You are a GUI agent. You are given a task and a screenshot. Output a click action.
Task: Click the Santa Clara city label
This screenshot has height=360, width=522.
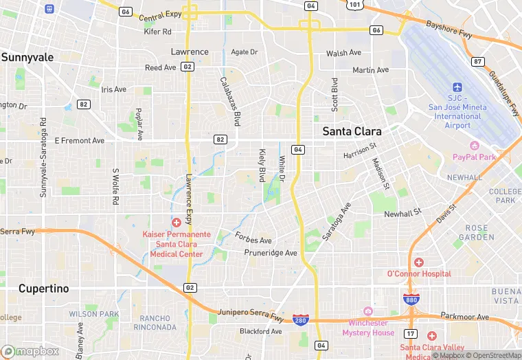coord(352,131)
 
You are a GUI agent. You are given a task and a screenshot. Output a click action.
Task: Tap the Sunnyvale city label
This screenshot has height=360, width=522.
coord(27,58)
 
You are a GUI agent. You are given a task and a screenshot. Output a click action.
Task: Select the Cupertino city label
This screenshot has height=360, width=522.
coord(44,289)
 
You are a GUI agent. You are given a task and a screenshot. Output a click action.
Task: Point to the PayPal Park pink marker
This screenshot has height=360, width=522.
coord(474,146)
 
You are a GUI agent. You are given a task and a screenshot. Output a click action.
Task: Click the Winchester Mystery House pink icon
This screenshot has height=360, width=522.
coord(367,312)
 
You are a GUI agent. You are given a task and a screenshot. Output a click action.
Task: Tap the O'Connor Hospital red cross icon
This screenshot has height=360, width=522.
coord(419,262)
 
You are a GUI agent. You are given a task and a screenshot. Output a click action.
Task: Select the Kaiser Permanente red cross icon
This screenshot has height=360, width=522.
coord(177,222)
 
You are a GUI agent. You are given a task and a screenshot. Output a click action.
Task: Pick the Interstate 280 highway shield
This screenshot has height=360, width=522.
coord(300,320)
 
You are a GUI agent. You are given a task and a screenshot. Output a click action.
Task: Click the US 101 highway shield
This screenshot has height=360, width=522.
coord(354,5)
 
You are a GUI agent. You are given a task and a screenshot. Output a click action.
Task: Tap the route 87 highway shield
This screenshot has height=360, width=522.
coord(478,62)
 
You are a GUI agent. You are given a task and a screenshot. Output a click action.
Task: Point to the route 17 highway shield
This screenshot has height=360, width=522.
coord(409,334)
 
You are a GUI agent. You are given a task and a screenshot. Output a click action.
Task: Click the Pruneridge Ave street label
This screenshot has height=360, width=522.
coord(271,253)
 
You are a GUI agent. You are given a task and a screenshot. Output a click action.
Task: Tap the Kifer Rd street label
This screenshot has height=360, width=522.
coord(157,32)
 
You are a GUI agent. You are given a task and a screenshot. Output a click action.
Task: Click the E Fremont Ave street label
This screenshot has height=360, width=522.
coord(80,141)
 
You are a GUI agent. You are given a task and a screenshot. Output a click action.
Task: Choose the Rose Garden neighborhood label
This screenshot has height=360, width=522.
coord(476,232)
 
